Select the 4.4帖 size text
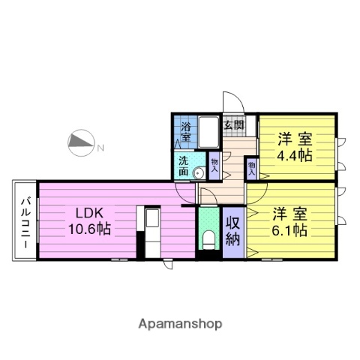[x=294, y=156]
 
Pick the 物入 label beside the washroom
[x=214, y=163]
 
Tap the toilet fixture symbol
[x=208, y=240]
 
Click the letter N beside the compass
[x=100, y=148]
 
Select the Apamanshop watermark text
[x=180, y=324]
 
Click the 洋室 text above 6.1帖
[x=289, y=213]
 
